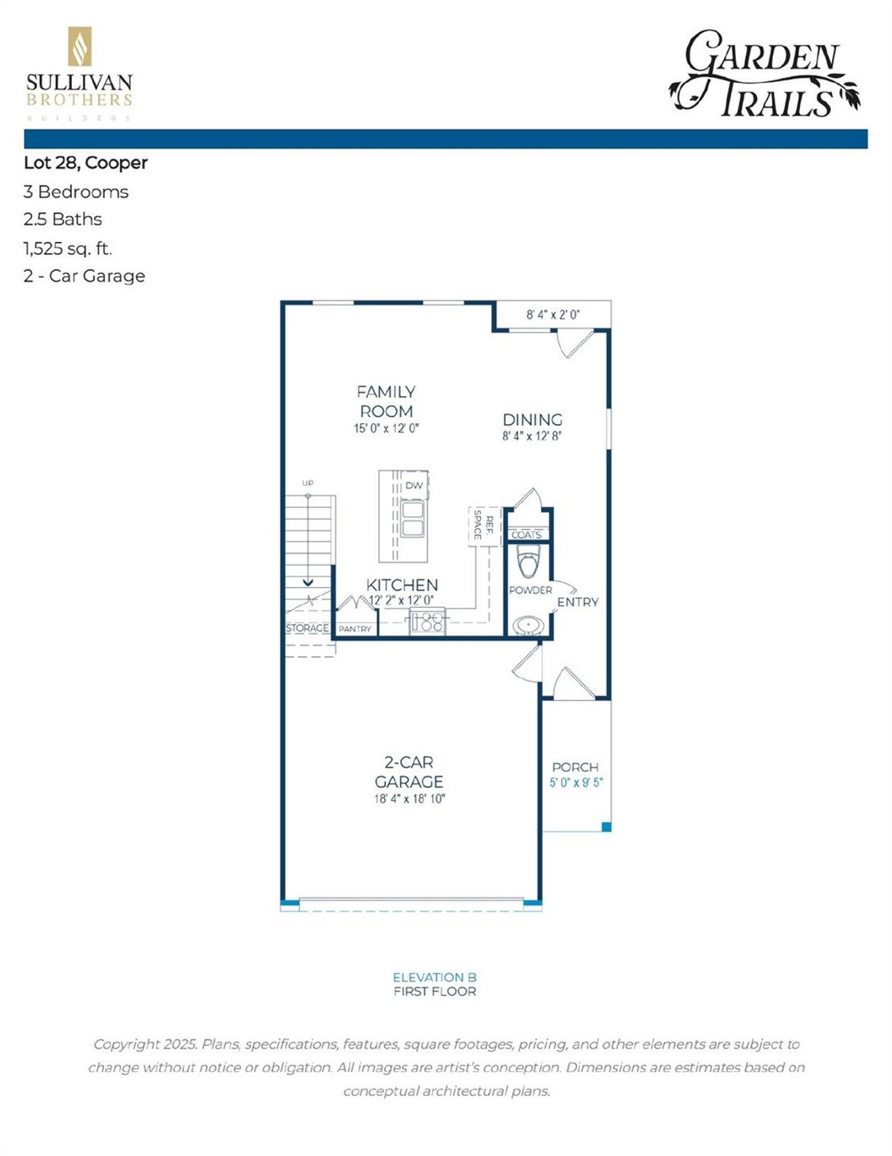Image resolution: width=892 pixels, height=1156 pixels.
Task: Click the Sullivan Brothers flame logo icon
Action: (79, 47)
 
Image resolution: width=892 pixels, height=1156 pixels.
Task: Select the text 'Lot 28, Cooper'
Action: (86, 163)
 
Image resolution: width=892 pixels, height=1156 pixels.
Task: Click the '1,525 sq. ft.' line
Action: (68, 248)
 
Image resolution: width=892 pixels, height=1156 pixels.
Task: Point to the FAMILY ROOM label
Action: (386, 402)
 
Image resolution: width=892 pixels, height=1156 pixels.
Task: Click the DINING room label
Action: (532, 420)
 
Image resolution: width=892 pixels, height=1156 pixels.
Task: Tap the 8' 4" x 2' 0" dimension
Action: (553, 314)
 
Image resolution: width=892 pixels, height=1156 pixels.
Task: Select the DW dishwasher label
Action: (414, 485)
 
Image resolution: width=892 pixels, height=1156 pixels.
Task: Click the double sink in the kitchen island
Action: (412, 518)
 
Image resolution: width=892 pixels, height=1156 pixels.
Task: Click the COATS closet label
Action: (527, 535)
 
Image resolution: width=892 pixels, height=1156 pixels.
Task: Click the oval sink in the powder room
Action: (529, 625)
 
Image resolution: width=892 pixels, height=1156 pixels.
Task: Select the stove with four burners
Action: (427, 621)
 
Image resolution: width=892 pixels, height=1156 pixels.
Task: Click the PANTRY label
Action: (355, 629)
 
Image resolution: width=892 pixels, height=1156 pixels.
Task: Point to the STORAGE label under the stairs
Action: (307, 628)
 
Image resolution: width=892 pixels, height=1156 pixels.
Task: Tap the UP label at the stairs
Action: (307, 482)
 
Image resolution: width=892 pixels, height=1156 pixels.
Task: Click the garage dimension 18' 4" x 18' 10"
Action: (409, 799)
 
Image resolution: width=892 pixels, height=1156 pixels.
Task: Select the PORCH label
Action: (575, 767)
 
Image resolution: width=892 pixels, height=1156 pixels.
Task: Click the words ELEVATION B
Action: (434, 978)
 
